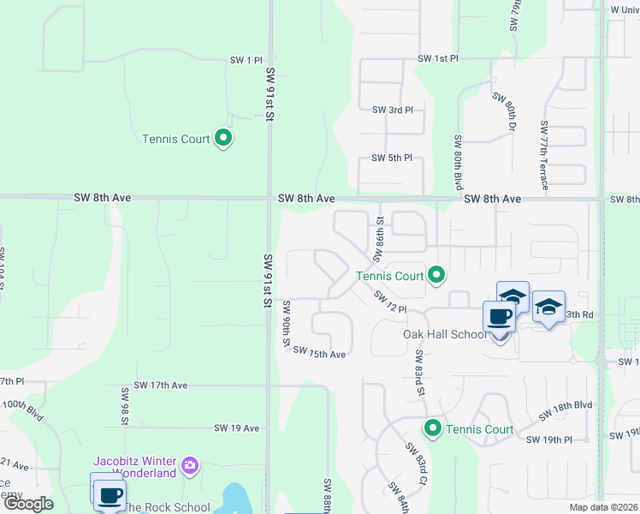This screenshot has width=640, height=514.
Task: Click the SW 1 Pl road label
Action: (x=246, y=60)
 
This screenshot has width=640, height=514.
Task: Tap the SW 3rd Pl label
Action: (x=393, y=110)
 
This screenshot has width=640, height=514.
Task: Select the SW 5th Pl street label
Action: (x=392, y=158)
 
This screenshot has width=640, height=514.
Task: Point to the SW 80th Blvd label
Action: (x=459, y=163)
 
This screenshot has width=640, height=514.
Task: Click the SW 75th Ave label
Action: (x=319, y=353)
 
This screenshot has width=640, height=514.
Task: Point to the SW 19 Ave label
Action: (x=236, y=427)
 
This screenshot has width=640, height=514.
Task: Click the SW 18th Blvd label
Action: (x=566, y=409)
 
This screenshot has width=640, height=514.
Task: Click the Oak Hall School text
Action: (x=444, y=334)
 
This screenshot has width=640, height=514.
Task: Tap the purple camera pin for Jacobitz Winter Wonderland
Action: (x=190, y=467)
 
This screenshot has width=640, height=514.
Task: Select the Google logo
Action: (x=28, y=504)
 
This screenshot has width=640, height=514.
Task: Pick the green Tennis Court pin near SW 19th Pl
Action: (x=433, y=428)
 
